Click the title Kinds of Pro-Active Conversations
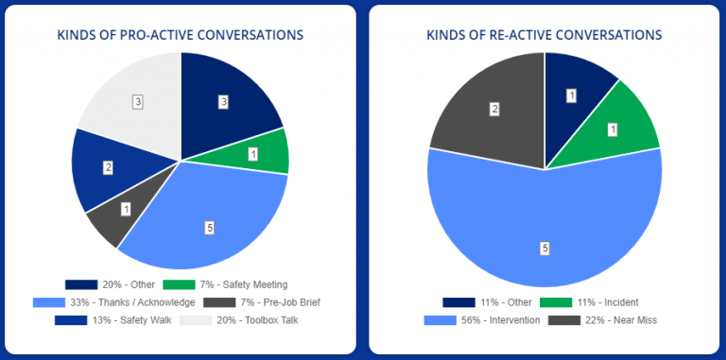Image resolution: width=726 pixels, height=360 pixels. pyautogui.click(x=180, y=35)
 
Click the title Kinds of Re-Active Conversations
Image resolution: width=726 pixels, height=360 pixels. pyautogui.click(x=544, y=35)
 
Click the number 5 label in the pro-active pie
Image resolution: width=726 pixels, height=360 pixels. pyautogui.click(x=209, y=227)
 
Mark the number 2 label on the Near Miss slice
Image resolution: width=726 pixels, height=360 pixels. pyautogui.click(x=493, y=110)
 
